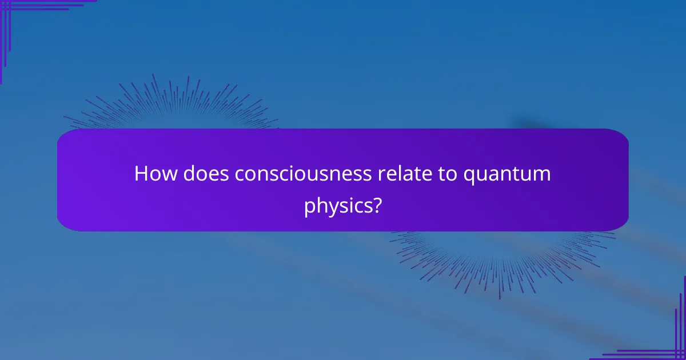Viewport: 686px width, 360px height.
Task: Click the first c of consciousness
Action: [x=240, y=175]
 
